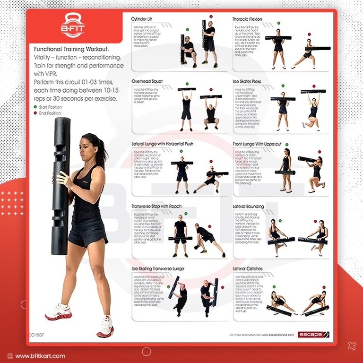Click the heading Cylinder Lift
(x=146, y=19)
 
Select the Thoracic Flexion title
(x=247, y=19)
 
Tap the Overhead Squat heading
(x=147, y=81)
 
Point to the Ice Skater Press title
(x=247, y=81)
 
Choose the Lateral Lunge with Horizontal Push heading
(x=163, y=143)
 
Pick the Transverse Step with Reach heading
(x=156, y=207)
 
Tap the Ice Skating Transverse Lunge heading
(x=158, y=268)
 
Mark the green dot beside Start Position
(x=35, y=107)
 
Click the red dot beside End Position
(x=35, y=113)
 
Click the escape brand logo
(x=314, y=335)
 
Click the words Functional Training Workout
(x=71, y=49)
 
